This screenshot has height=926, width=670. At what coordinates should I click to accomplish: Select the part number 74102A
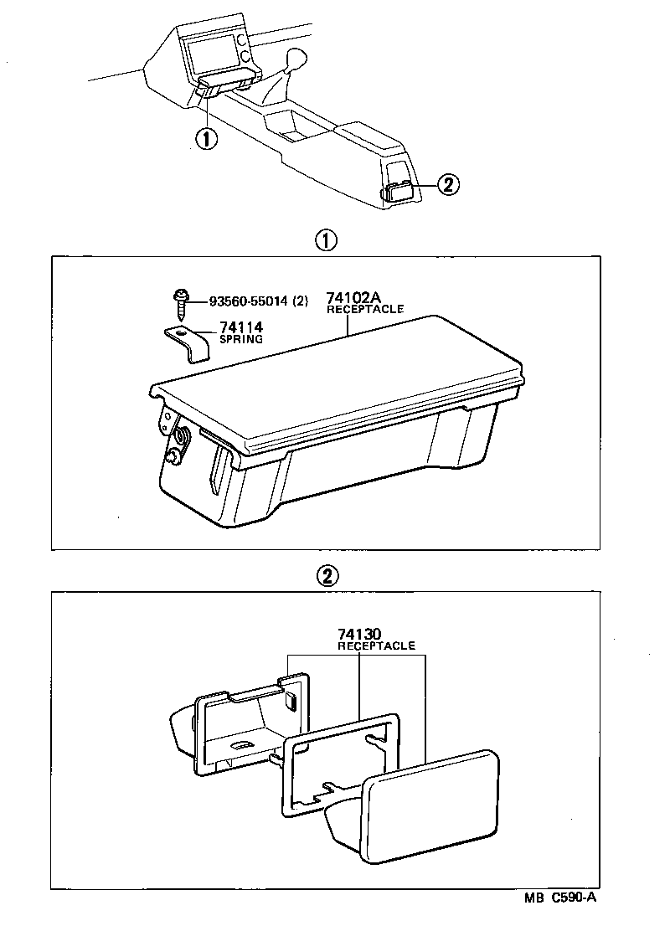pyautogui.click(x=353, y=298)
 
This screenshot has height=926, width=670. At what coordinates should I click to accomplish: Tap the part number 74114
pyautogui.click(x=241, y=328)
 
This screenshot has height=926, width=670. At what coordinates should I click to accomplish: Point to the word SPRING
pyautogui.click(x=241, y=340)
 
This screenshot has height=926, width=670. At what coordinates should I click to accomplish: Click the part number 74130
pyautogui.click(x=359, y=635)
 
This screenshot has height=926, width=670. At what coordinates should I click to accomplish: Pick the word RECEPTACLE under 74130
pyautogui.click(x=376, y=646)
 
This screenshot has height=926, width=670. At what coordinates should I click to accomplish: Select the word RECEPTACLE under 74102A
pyautogui.click(x=365, y=309)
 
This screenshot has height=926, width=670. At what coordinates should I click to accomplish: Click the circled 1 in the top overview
pyautogui.click(x=206, y=137)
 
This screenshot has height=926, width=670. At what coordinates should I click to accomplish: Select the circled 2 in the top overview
pyautogui.click(x=447, y=185)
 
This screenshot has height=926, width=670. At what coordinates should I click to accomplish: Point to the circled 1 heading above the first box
pyautogui.click(x=326, y=241)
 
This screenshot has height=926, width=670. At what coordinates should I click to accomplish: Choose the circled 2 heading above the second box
pyautogui.click(x=326, y=575)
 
